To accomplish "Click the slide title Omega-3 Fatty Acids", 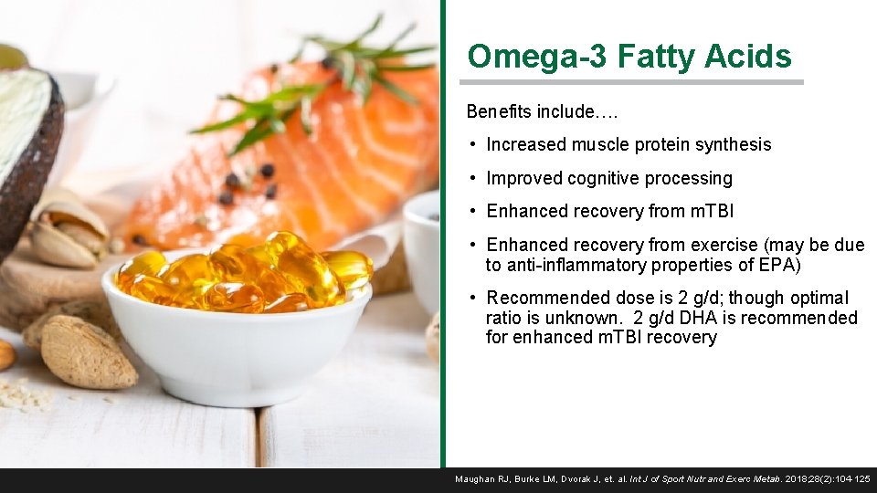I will coord(629,57).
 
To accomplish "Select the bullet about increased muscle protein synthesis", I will coord(629,144).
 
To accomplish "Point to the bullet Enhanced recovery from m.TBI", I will coord(609,211).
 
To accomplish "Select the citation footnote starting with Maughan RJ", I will coord(662,479).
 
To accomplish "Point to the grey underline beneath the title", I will coord(635,82).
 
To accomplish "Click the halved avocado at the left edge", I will coord(27,146).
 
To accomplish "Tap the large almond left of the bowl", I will coord(87,351).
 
